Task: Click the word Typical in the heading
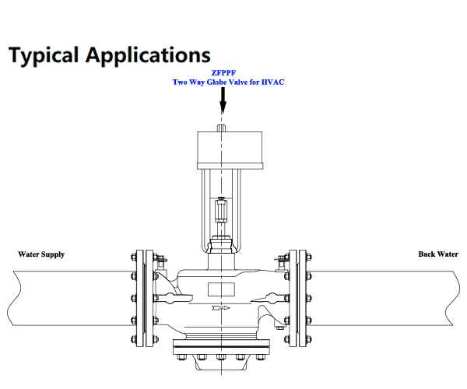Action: pos(44,55)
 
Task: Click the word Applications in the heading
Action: pos(148,55)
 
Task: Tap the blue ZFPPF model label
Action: pos(223,73)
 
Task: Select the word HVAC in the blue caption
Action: pos(273,82)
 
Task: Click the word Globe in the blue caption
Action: pos(216,82)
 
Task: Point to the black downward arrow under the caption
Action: pos(223,100)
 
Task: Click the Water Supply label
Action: pos(41,254)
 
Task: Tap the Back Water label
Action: pos(438,254)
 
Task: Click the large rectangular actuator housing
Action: pos(230,147)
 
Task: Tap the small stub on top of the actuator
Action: pos(221,128)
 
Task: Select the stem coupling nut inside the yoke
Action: pos(221,210)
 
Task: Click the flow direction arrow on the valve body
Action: pos(221,308)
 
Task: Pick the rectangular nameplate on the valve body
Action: pos(221,289)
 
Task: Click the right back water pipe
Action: pos(383,298)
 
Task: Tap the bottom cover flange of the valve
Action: pos(222,347)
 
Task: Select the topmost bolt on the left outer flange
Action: pos(134,257)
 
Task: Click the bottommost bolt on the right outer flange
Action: pos(308,339)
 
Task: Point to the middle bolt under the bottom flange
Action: pos(221,357)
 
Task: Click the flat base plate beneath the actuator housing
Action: pos(230,166)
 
